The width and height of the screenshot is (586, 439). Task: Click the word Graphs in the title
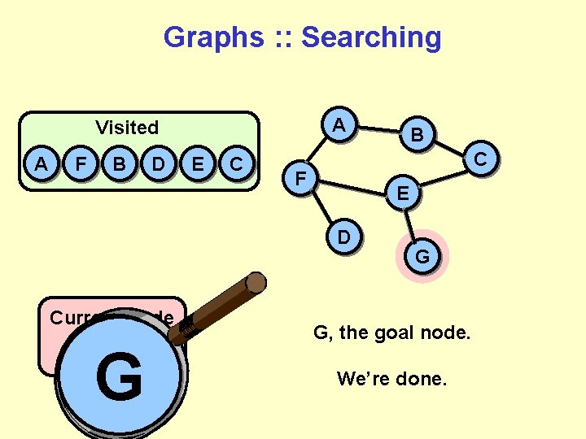pos(214,37)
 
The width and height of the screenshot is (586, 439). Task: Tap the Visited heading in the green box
pos(127,128)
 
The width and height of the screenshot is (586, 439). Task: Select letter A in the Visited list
pos(41,164)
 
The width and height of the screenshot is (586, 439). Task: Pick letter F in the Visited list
pos(80,164)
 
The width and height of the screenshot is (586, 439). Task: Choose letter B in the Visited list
pos(119,164)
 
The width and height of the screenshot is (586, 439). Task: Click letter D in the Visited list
pos(159,164)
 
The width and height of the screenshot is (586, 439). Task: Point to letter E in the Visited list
pos(197,164)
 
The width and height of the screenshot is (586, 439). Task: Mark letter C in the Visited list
pos(236,164)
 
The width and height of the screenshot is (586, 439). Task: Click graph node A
pos(339,125)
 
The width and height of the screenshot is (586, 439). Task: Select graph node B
pos(416,135)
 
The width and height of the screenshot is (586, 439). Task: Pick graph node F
pos(301,176)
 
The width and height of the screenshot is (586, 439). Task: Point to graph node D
pos(344,237)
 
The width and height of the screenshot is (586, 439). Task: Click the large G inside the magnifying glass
pos(119,377)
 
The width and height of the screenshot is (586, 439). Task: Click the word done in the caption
pos(423,379)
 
